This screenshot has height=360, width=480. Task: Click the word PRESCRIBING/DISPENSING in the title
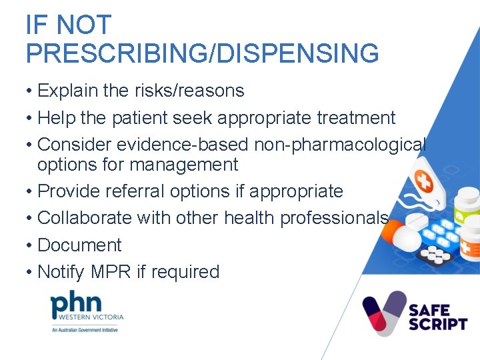click(x=202, y=53)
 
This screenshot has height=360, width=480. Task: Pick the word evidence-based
click(x=186, y=145)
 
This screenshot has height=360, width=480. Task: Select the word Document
click(x=79, y=245)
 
